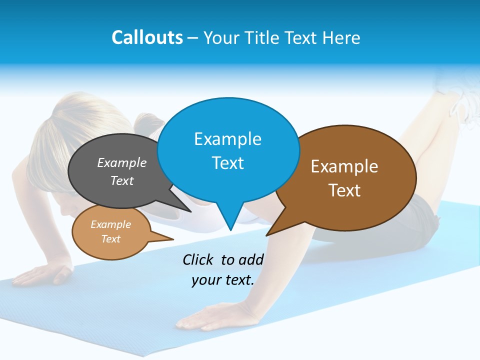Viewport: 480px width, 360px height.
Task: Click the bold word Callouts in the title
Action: (x=147, y=37)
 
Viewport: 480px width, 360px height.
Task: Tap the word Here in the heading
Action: (x=341, y=37)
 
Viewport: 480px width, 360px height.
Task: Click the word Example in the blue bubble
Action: (x=227, y=138)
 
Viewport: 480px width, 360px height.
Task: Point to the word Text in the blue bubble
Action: (x=227, y=162)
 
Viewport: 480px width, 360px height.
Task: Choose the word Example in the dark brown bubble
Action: (x=344, y=166)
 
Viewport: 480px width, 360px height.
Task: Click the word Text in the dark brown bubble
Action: (x=344, y=190)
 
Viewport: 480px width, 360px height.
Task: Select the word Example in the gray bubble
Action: (x=122, y=162)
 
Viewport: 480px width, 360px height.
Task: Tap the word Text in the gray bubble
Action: (x=122, y=180)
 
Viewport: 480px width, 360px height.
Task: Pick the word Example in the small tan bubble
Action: (x=110, y=224)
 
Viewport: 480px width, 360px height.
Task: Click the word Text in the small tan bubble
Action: (x=110, y=239)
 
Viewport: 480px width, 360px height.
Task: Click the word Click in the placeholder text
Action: (x=198, y=259)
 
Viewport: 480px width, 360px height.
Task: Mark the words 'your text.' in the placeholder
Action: (x=223, y=280)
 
